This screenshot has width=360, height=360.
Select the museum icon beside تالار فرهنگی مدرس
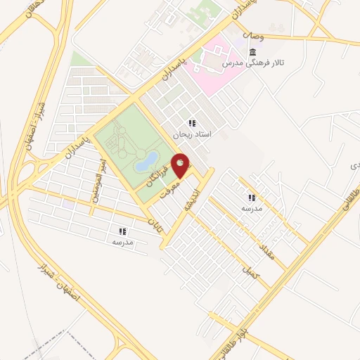tap(252, 53)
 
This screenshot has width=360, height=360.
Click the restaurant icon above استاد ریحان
tap(192, 124)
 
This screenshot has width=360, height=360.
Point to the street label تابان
tap(154, 224)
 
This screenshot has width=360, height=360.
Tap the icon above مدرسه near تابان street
tap(122, 231)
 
